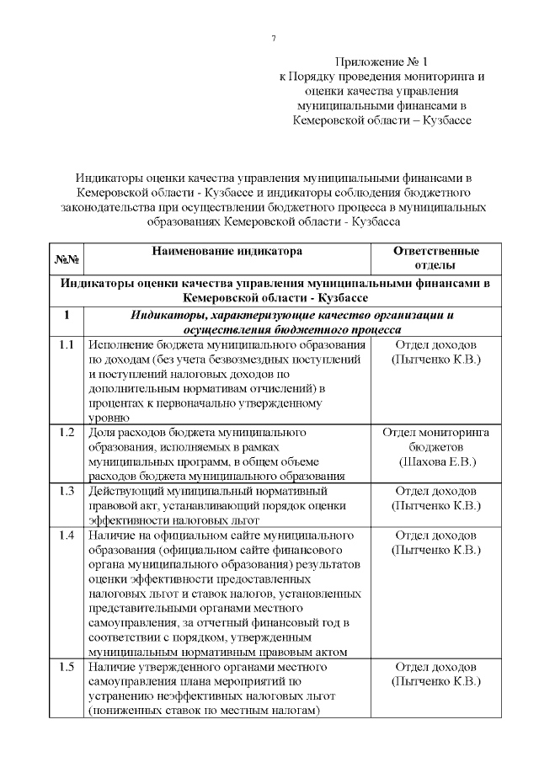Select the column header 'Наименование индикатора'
point(227,251)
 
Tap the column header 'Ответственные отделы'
point(436,258)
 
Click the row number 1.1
point(67,346)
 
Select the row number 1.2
point(67,433)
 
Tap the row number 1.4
point(67,535)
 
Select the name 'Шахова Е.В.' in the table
point(436,461)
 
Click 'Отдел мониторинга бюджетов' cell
point(436,440)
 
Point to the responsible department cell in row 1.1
point(436,353)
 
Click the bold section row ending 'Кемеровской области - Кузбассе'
point(275,290)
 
